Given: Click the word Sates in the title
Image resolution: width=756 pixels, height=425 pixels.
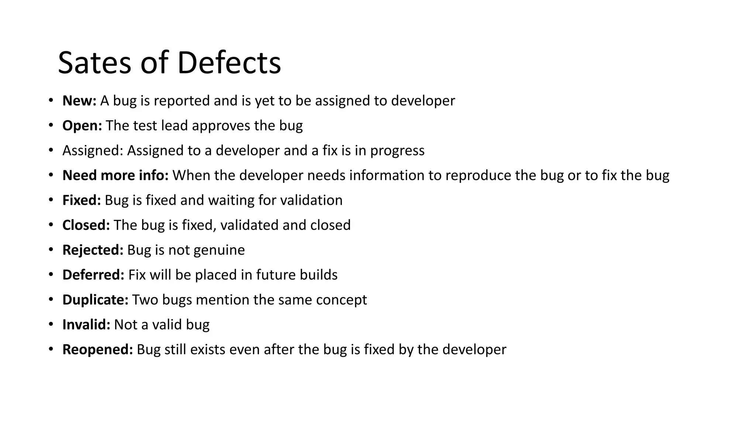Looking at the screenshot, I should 94,63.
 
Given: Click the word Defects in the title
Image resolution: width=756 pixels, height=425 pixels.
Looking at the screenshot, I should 229,63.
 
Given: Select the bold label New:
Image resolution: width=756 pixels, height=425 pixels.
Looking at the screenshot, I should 79,101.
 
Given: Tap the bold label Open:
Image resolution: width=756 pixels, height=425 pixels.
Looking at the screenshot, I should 82,126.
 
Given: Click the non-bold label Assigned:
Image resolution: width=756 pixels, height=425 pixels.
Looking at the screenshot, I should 93,151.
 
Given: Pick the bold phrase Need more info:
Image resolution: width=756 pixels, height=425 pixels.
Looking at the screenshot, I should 115,175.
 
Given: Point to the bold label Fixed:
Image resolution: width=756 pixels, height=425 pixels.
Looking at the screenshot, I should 82,200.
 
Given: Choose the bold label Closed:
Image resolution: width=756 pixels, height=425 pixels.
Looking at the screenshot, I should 86,225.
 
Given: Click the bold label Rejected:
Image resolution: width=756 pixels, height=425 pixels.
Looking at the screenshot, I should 93,250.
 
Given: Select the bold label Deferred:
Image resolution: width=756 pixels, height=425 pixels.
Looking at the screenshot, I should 93,275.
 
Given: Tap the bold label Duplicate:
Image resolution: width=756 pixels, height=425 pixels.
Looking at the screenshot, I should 95,300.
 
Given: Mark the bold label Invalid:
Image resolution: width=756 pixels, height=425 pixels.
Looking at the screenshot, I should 86,325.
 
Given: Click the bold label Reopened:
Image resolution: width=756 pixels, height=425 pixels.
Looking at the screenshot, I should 97,350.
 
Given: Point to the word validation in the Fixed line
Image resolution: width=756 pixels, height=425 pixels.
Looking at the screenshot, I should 311,200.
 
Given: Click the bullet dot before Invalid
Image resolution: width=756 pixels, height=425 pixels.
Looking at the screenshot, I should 51,324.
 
